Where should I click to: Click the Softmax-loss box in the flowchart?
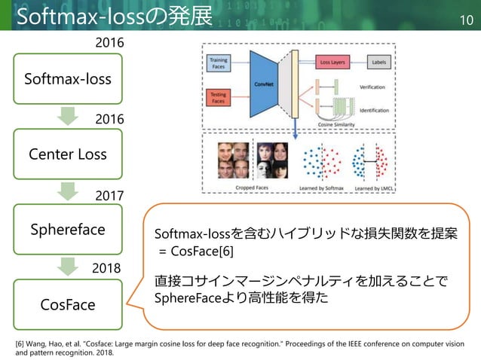tap(68, 78)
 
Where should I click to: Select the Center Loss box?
tap(68, 154)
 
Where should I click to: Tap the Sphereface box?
tap(68, 229)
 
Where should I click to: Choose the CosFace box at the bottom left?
tap(68, 305)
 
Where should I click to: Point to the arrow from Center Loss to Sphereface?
tap(68, 191)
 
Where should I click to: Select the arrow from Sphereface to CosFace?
tap(68, 267)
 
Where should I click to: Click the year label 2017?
tap(109, 195)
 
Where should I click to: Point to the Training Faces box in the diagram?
tap(218, 63)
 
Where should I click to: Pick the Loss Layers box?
tap(332, 62)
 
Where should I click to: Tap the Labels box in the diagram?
tap(379, 62)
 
